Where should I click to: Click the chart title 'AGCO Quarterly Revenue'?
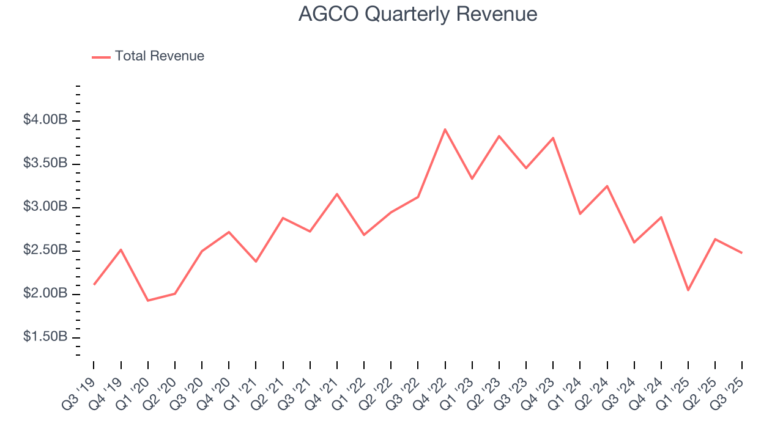pyautogui.click(x=418, y=14)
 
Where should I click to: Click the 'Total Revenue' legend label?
pyautogui.click(x=159, y=56)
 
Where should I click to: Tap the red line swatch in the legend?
pyautogui.click(x=101, y=57)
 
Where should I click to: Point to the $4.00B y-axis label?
pyautogui.click(x=45, y=120)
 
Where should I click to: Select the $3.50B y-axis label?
pyautogui.click(x=45, y=164)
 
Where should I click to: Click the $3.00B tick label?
pyautogui.click(x=45, y=207)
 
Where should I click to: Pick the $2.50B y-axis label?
pyautogui.click(x=45, y=251)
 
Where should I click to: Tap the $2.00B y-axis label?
pyautogui.click(x=45, y=294)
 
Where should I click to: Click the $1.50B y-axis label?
pyautogui.click(x=45, y=337)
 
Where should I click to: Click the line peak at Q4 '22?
pyautogui.click(x=445, y=129)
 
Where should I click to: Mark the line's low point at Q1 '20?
pyautogui.click(x=147, y=301)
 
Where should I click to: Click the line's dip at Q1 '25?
pyautogui.click(x=688, y=290)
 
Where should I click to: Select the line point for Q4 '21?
pyautogui.click(x=336, y=194)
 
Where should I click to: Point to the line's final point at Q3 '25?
pyautogui.click(x=742, y=253)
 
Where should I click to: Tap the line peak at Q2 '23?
pyautogui.click(x=499, y=136)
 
